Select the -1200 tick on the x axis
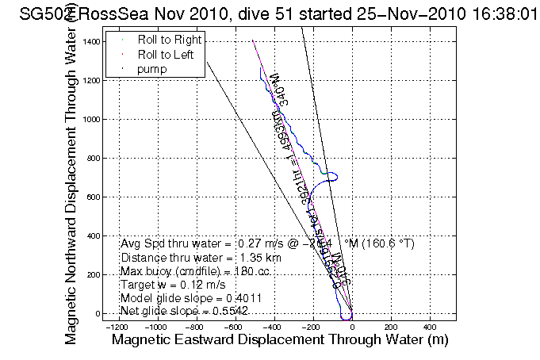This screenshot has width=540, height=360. pyautogui.click(x=117, y=326)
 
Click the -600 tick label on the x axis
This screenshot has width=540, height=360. pyautogui.click(x=235, y=326)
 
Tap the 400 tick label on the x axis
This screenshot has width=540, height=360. pyautogui.click(x=430, y=326)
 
